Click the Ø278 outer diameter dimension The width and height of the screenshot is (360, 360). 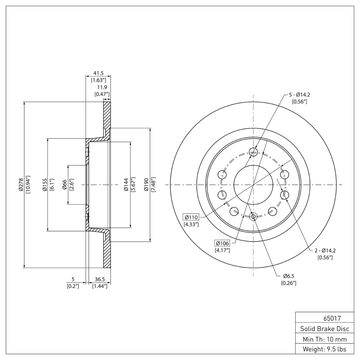coord(21,184)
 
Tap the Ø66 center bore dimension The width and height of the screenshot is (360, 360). coord(65,184)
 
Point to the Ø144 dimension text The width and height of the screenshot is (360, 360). coord(126,184)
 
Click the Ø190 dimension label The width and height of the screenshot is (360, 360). coord(146,184)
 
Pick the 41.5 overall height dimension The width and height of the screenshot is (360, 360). coord(99,73)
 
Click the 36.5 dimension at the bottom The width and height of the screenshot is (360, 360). coord(99,279)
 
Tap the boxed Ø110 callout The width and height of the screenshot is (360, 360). coord(191,217)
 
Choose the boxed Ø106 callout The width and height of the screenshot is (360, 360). coord(222,243)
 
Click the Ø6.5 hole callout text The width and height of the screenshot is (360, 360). coord(288,276)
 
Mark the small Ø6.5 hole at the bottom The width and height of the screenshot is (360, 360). coord(253,217)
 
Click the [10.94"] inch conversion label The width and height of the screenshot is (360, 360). coord(28,184)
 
